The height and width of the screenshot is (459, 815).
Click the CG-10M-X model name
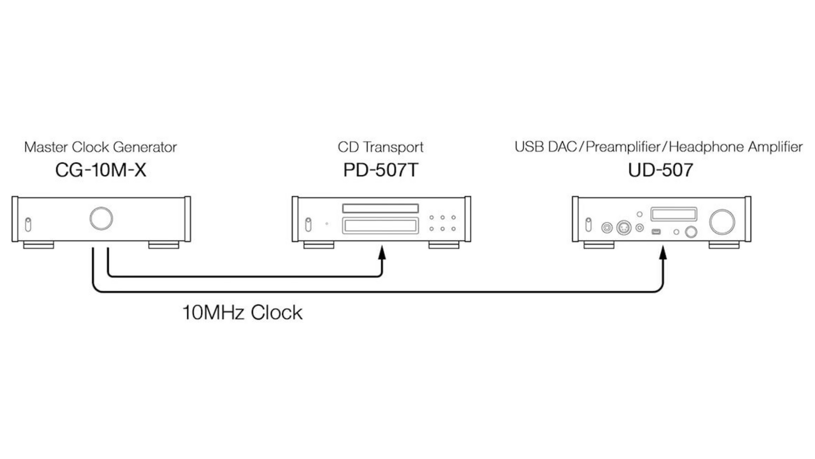(101, 170)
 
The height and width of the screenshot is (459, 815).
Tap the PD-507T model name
(380, 170)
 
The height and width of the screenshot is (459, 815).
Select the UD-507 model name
(660, 170)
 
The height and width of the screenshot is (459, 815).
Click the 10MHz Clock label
(242, 313)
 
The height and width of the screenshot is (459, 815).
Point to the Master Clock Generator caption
(101, 147)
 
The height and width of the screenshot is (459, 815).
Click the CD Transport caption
(380, 147)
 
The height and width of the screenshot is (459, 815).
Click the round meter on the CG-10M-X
(101, 218)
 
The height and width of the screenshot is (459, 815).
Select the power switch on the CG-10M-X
(28, 224)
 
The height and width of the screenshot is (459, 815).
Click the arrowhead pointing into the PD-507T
(382, 253)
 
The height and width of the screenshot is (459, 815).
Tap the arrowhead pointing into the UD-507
(663, 253)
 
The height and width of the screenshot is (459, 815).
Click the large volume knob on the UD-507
(722, 222)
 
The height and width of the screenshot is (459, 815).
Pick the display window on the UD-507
(673, 214)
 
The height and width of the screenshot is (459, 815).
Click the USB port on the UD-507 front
(656, 231)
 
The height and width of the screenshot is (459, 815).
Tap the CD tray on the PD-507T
(380, 226)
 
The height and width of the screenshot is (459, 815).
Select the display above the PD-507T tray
(380, 208)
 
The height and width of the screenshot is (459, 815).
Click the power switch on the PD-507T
(308, 224)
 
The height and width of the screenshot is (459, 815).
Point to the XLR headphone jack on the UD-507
(624, 228)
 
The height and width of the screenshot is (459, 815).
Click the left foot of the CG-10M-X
(39, 245)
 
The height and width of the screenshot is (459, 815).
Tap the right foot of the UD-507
(724, 245)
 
